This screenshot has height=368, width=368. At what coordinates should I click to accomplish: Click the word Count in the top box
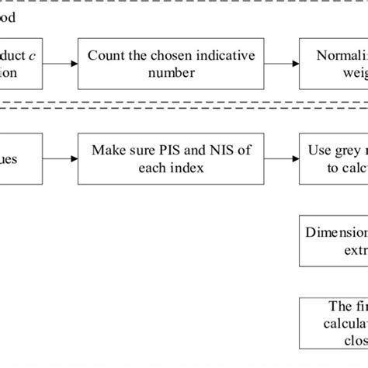[105, 55]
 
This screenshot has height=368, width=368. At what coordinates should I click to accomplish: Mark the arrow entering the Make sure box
[64, 158]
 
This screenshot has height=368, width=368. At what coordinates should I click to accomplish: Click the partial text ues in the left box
[20, 158]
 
